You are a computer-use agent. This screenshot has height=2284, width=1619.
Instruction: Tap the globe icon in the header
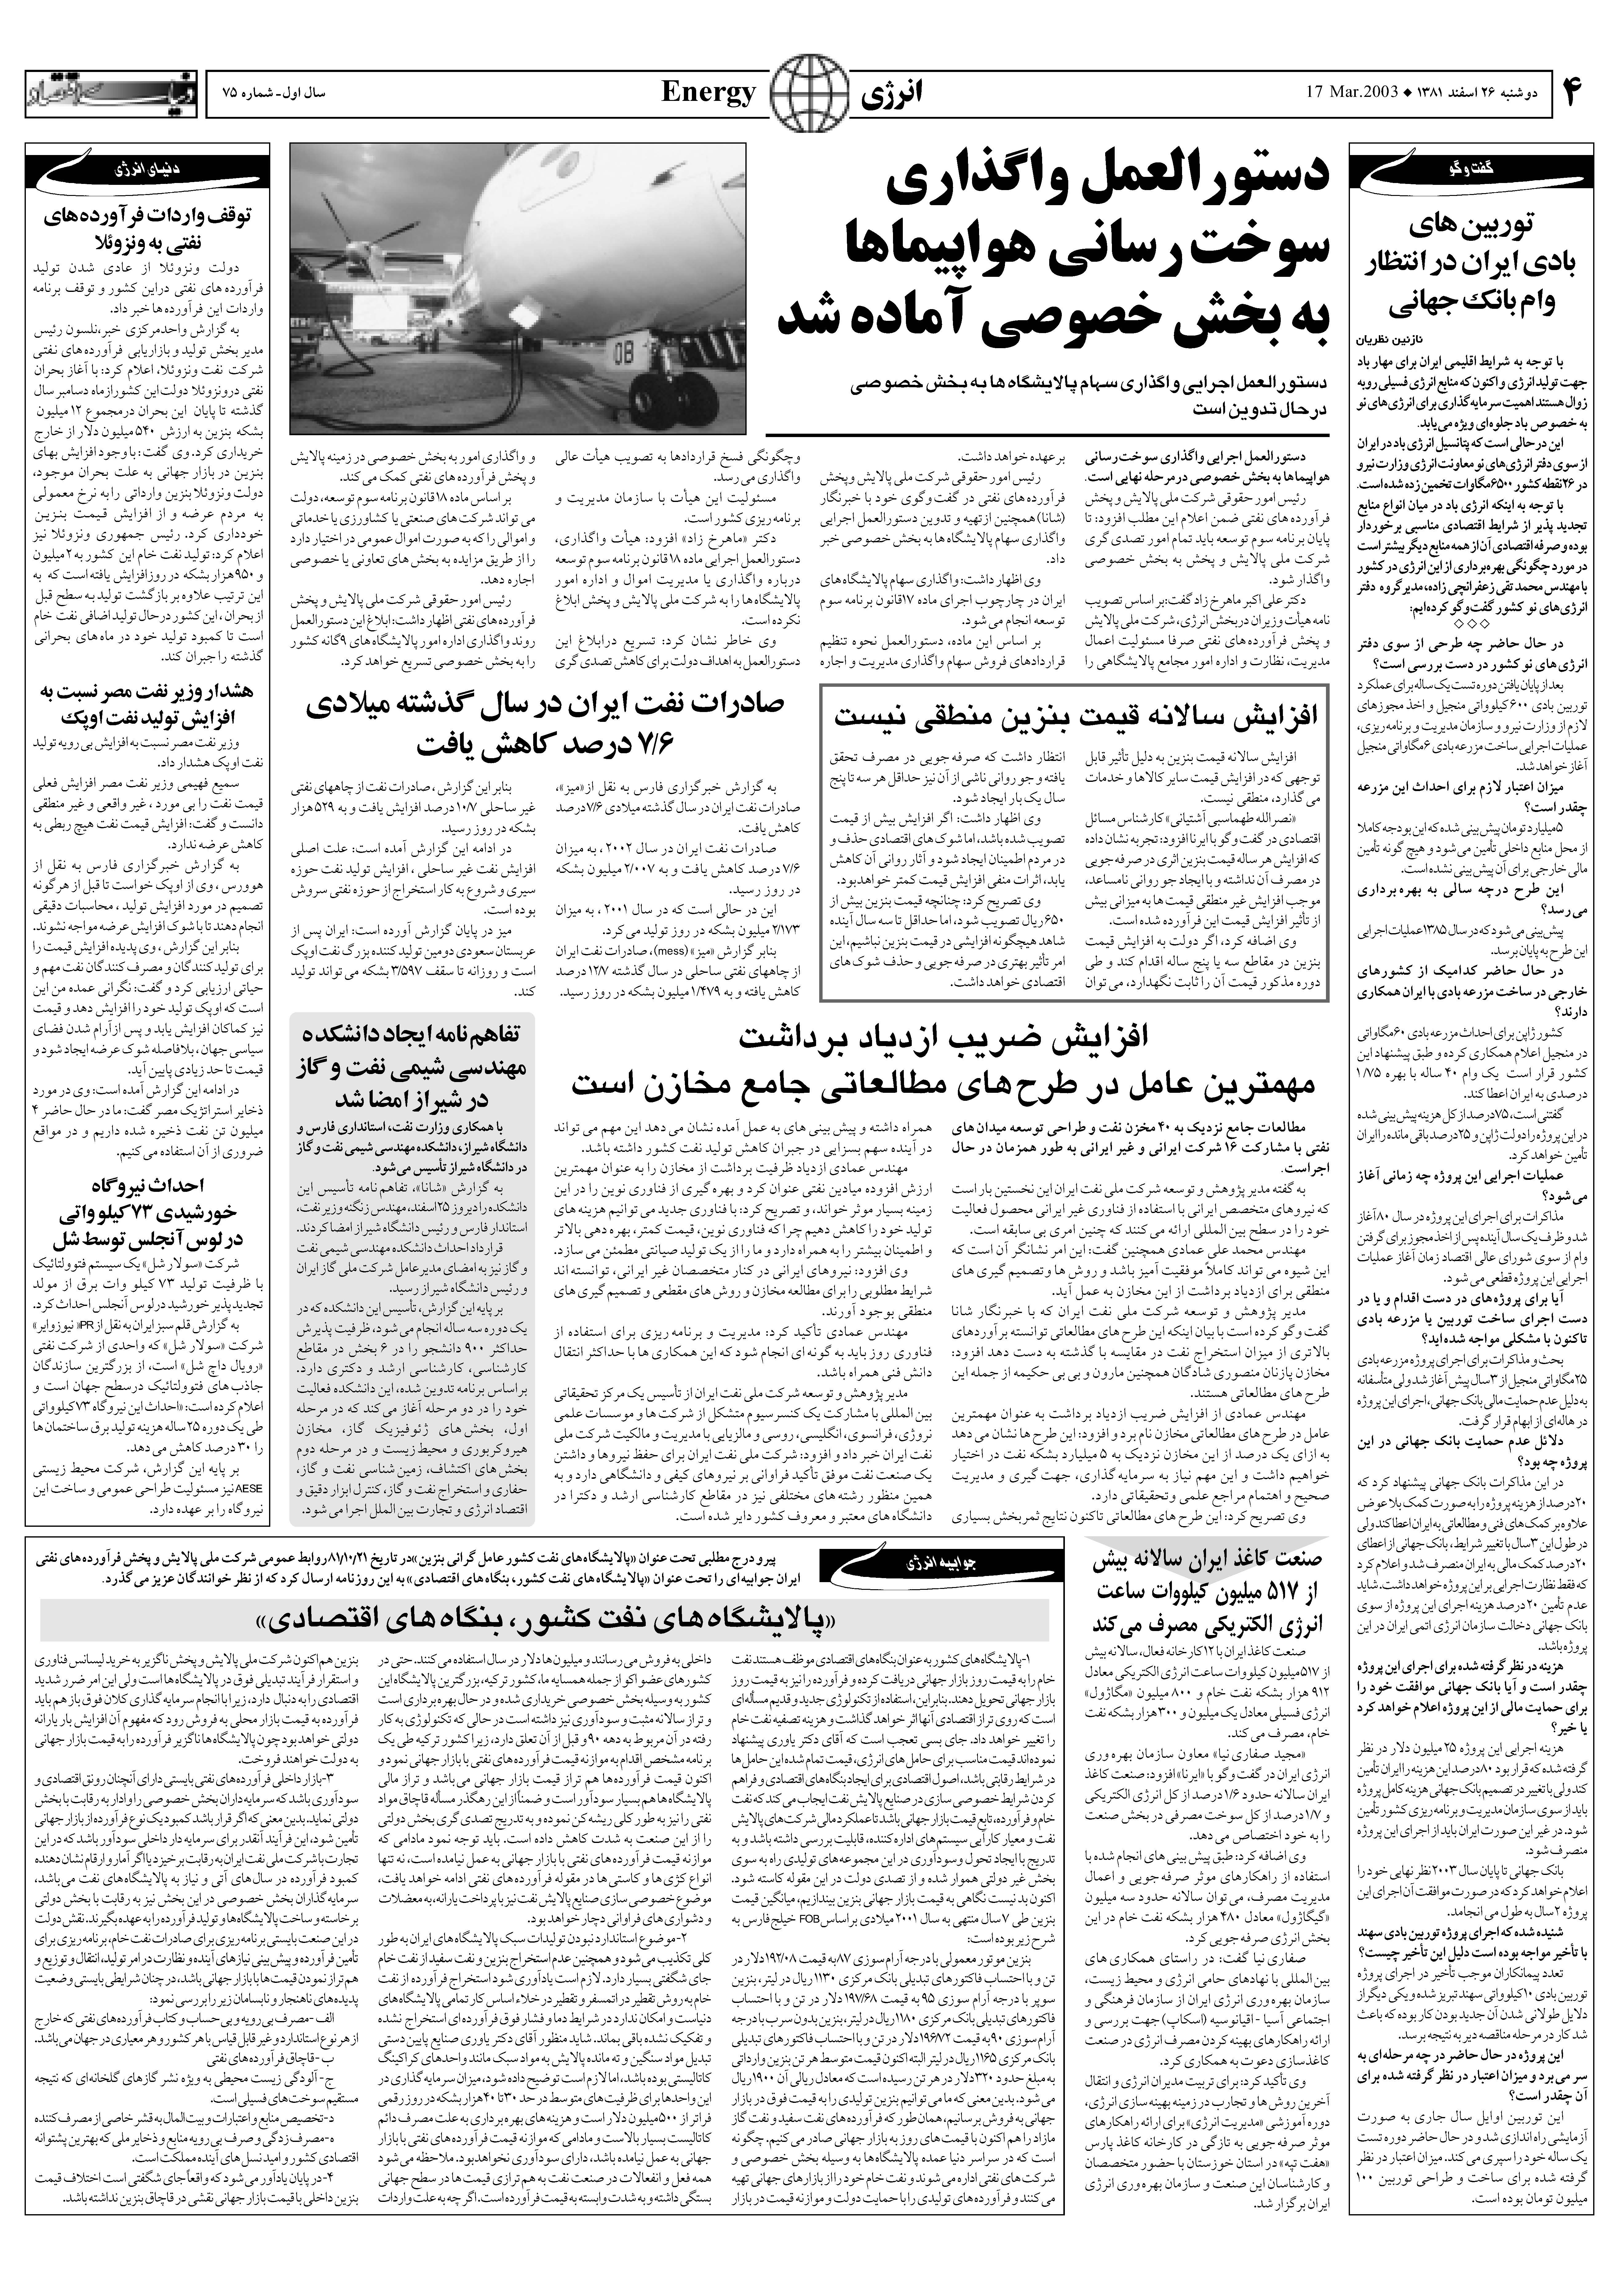pos(809,95)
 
